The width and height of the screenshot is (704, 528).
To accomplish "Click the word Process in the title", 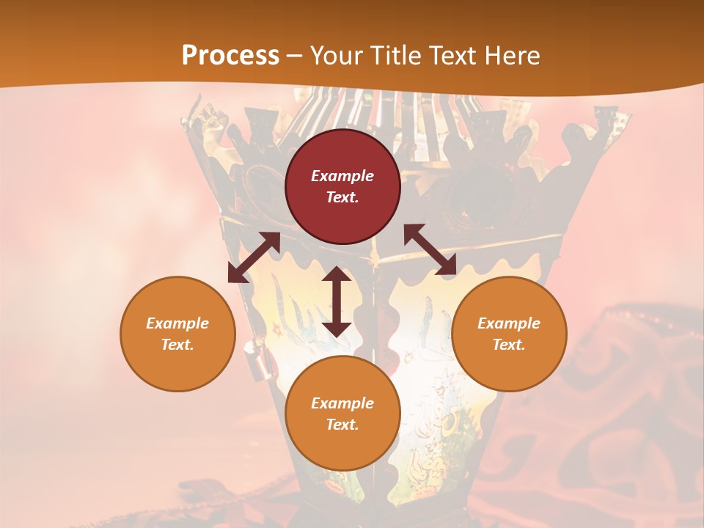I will pyautogui.click(x=230, y=56).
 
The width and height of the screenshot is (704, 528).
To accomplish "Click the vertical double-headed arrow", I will pyautogui.click(x=337, y=301).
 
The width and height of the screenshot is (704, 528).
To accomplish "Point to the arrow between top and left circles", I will pyautogui.click(x=254, y=257).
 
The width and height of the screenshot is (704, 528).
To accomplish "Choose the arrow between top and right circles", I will pyautogui.click(x=430, y=250).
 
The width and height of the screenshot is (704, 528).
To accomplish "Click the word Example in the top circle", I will pyautogui.click(x=342, y=176).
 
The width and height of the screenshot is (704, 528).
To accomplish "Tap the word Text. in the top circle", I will pyautogui.click(x=342, y=197).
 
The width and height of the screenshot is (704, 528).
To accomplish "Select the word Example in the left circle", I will pyautogui.click(x=177, y=323).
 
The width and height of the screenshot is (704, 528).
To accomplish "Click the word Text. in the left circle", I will pyautogui.click(x=177, y=345).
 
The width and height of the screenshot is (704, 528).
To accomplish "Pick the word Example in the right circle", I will pyautogui.click(x=509, y=323).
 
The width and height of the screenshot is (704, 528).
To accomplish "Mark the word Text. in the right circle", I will pyautogui.click(x=509, y=345).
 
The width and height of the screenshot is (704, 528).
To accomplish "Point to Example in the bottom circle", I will pyautogui.click(x=342, y=403).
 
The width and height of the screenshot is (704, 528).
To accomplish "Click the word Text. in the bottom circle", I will pyautogui.click(x=342, y=425).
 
